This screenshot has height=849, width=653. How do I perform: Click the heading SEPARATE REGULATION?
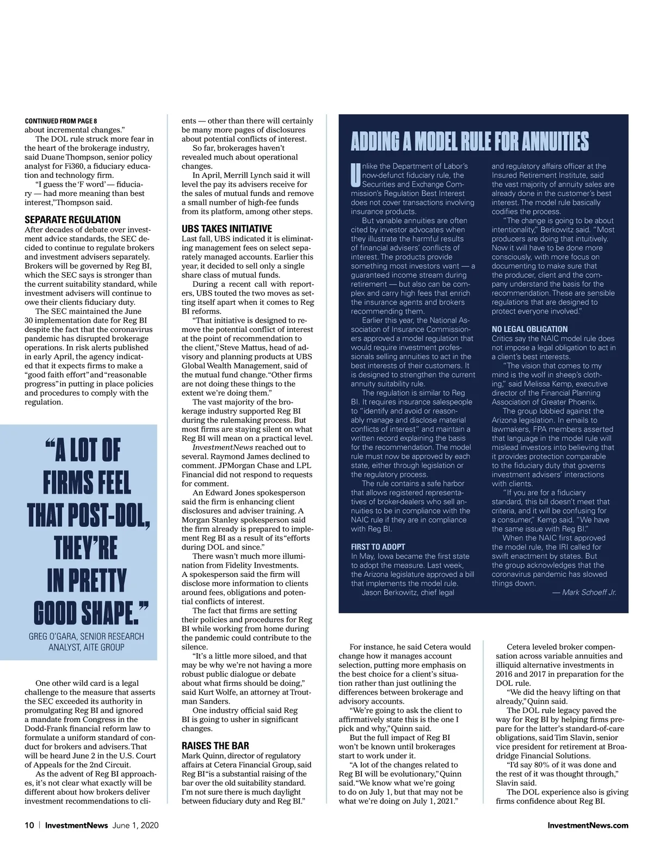pyautogui.click(x=72, y=220)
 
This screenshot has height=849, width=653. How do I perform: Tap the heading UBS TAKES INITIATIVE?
pyautogui.click(x=226, y=229)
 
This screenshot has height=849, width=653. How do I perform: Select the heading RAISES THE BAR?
pyautogui.click(x=215, y=746)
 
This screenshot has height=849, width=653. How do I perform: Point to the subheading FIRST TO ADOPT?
pyautogui.click(x=378, y=547)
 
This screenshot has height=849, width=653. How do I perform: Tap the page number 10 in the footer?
pyautogui.click(x=29, y=826)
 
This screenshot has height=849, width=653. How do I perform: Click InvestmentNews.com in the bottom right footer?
pyautogui.click(x=588, y=826)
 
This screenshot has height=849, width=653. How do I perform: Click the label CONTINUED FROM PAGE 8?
pyautogui.click(x=61, y=121)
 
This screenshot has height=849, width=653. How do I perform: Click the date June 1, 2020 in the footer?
pyautogui.click(x=135, y=826)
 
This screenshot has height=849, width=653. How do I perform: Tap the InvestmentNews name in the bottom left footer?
pyautogui.click(x=77, y=826)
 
